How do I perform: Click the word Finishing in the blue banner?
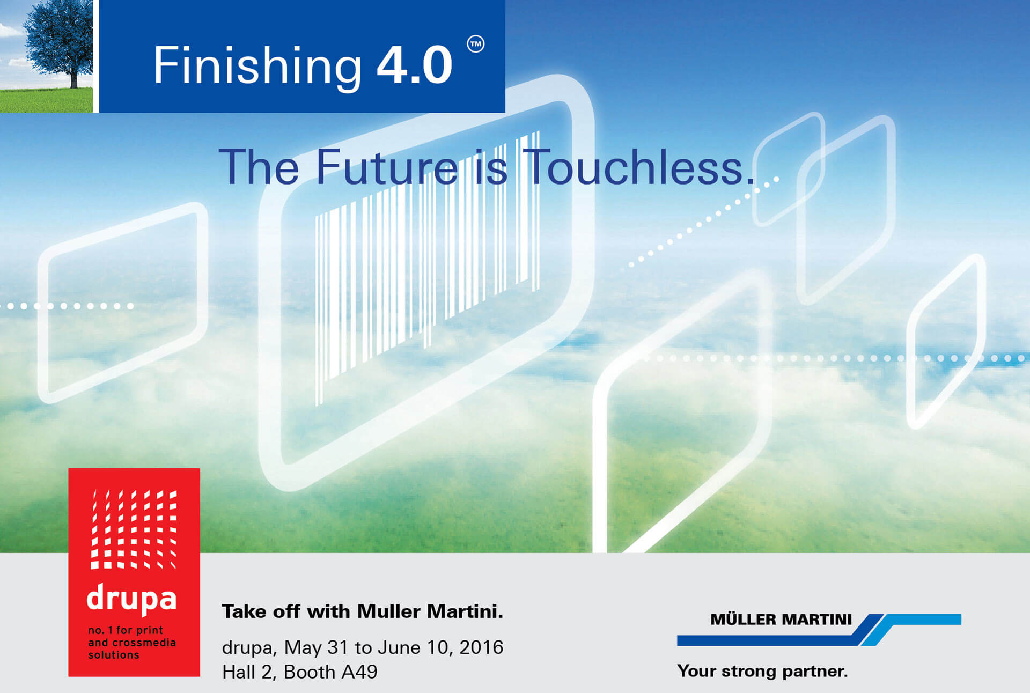tap(257, 67)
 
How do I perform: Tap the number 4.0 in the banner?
tap(415, 65)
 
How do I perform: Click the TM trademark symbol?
tap(475, 44)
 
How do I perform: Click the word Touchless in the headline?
tap(639, 167)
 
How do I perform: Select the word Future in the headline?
tap(387, 167)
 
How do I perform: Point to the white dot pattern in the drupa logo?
tap(134, 529)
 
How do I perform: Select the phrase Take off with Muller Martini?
tap(363, 611)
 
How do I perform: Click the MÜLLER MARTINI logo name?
tap(781, 620)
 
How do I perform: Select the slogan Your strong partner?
tap(762, 671)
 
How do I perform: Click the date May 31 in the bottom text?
tap(316, 647)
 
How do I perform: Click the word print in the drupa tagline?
tap(150, 630)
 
